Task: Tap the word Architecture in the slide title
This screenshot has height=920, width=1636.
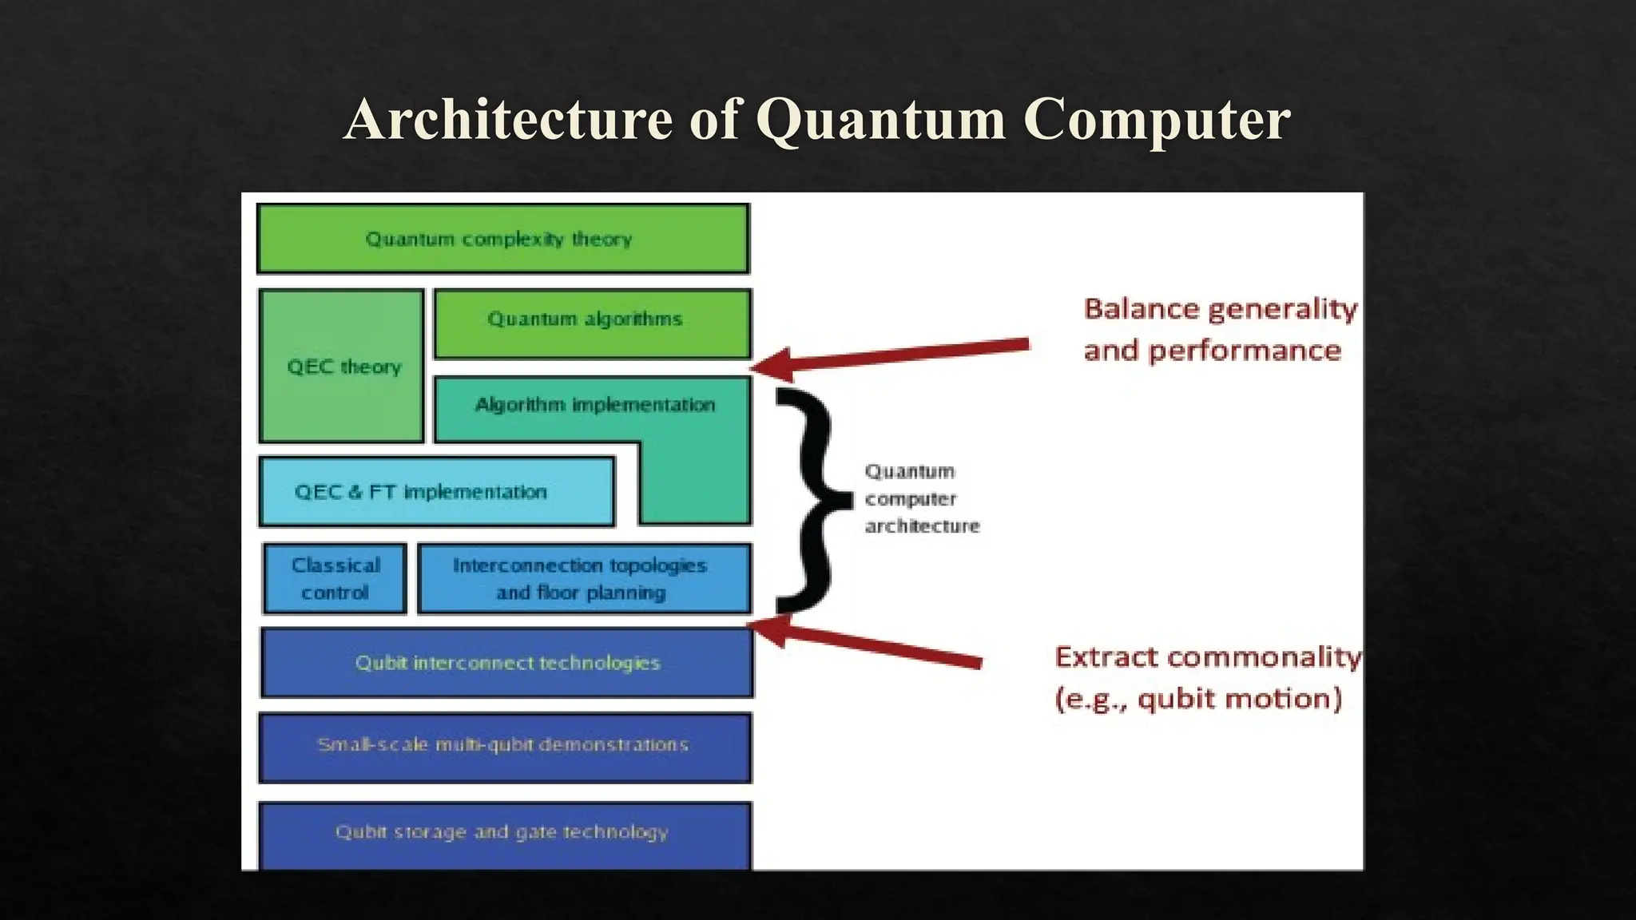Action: (x=508, y=120)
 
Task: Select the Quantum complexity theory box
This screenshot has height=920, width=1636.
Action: (x=502, y=239)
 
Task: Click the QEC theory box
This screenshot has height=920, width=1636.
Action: (x=342, y=367)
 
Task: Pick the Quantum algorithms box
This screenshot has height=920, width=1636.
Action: (x=591, y=323)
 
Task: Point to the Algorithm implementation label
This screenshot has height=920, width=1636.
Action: (x=594, y=405)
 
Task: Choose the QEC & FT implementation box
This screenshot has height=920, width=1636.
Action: (x=436, y=492)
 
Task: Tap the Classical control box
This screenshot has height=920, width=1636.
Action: (x=335, y=579)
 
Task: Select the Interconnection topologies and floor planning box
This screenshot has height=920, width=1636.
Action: (x=583, y=579)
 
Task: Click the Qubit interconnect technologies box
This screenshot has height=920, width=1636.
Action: (x=506, y=663)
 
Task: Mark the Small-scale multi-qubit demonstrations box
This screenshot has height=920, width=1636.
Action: (x=504, y=747)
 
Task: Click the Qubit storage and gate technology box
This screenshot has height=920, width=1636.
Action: (x=504, y=834)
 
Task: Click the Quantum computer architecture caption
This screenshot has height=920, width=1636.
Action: (x=921, y=499)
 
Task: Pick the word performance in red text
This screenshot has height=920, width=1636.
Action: (x=1245, y=351)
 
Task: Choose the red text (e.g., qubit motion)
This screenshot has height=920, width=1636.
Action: (x=1198, y=700)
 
